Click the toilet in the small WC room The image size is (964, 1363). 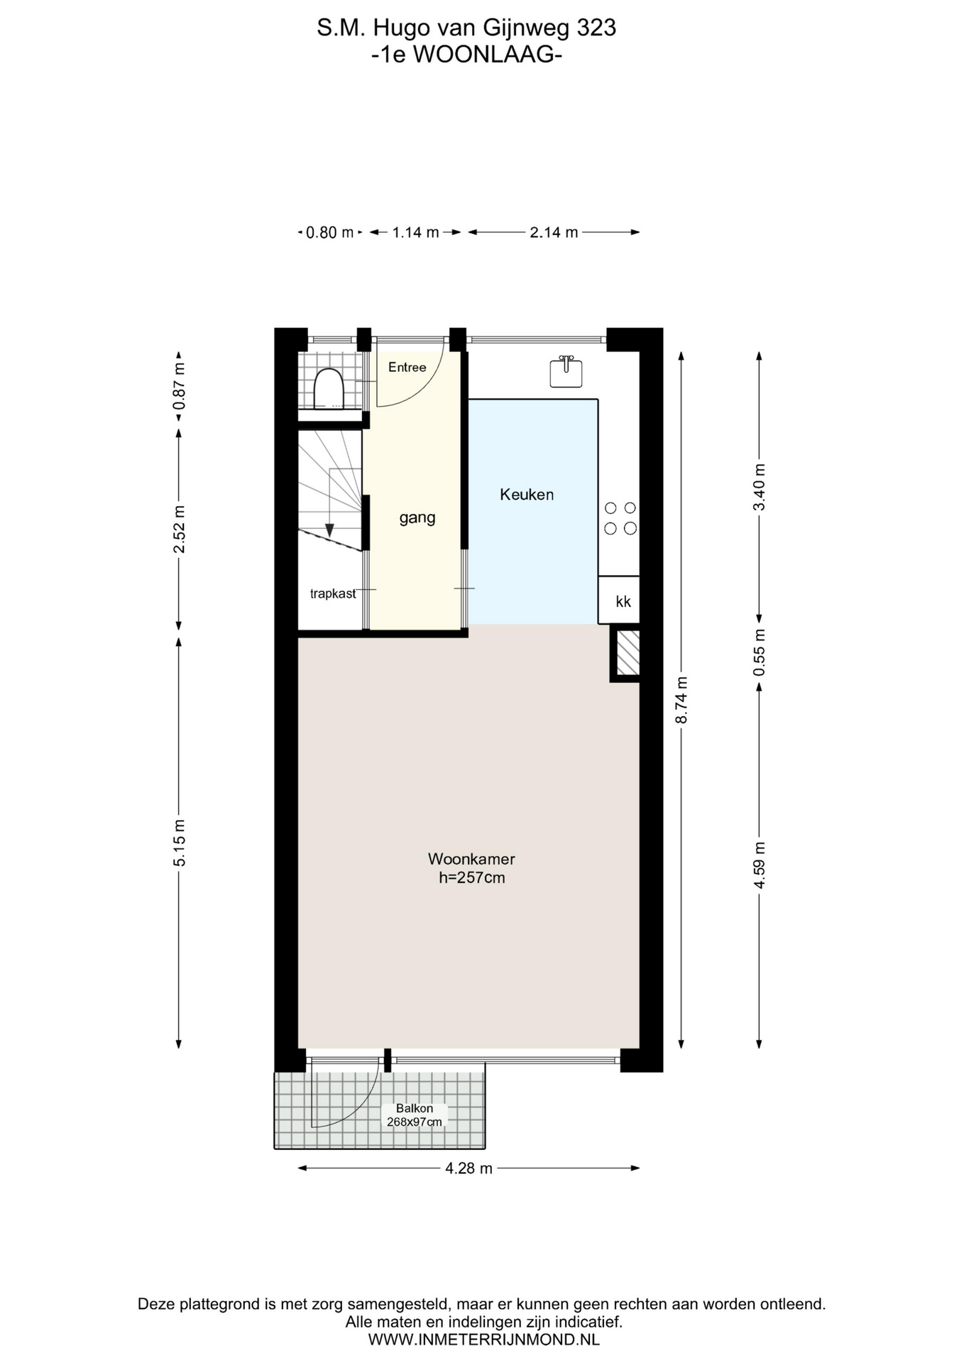[328, 389]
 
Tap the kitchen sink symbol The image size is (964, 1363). [566, 371]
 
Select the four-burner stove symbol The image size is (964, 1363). [620, 518]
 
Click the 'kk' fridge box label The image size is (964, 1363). [623, 602]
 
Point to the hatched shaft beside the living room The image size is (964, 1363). [628, 652]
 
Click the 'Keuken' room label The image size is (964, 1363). [527, 495]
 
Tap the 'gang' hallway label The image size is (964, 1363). [417, 518]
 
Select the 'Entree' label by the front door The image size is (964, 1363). [407, 367]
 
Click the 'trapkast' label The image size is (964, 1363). [333, 593]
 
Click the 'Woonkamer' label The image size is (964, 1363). [471, 859]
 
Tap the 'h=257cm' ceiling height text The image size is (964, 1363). [472, 878]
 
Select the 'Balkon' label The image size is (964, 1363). [415, 1108]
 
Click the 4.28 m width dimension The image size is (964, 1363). [469, 1168]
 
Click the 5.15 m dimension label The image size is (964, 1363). [180, 843]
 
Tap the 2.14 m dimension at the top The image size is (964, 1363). [554, 232]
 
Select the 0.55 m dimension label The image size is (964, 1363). [760, 652]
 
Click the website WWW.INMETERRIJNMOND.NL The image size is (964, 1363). [483, 1340]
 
